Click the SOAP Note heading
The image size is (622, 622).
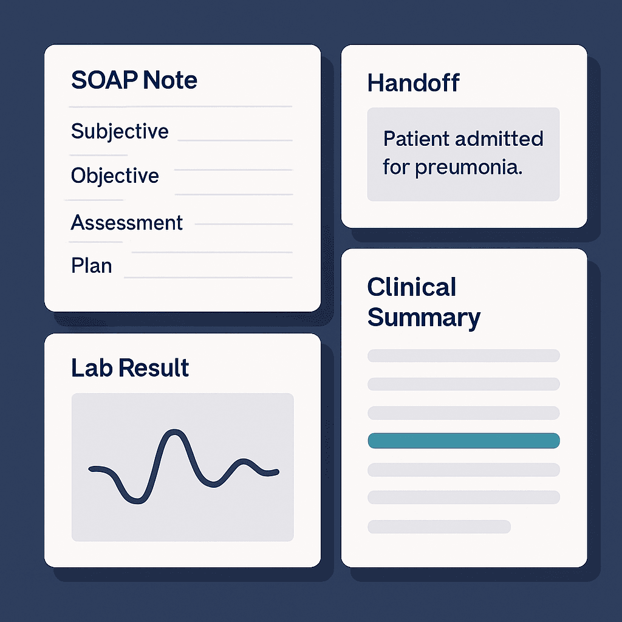coord(134,80)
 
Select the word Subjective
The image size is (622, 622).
coord(120,132)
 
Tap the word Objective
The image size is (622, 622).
coord(115,176)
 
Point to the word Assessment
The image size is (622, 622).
coord(127,222)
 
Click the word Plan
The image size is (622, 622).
coord(92,266)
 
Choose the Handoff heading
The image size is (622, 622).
coord(413,83)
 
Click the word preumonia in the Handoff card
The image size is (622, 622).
coord(468,168)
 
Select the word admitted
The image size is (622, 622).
coord(499,139)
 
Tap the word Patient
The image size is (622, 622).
coord(416,139)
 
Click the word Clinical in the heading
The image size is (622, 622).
coord(412,287)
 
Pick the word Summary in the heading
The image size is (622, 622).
coord(424,318)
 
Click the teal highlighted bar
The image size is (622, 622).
coord(463,441)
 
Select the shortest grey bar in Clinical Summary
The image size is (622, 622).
coord(439,527)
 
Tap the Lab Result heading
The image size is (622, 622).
coord(130,367)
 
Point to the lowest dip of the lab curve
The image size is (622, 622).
coord(137,501)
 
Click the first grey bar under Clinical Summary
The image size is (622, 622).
coord(463,356)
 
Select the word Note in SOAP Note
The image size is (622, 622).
coord(170,80)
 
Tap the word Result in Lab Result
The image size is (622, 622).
coord(154,367)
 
